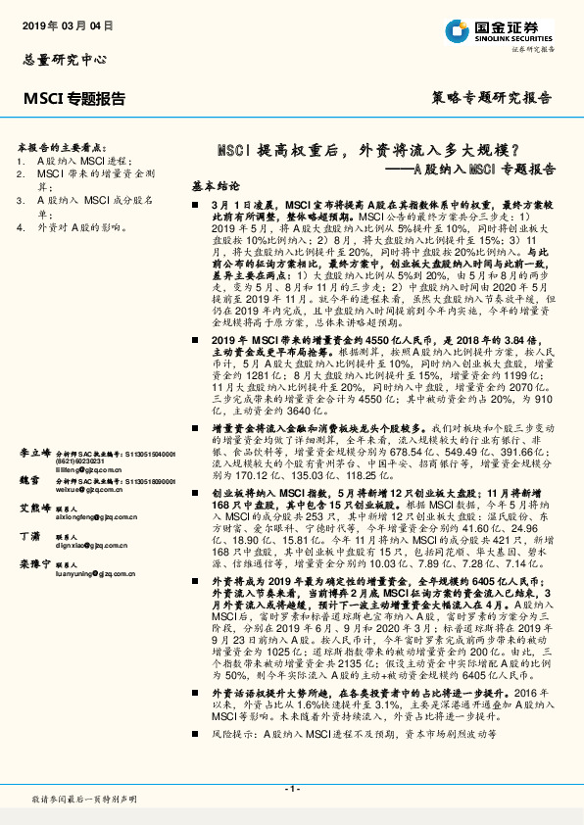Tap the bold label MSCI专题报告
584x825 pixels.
click(x=74, y=97)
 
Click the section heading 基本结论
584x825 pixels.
click(x=215, y=185)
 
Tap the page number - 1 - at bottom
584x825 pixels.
click(x=292, y=789)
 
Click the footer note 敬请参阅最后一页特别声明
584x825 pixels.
click(x=84, y=801)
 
